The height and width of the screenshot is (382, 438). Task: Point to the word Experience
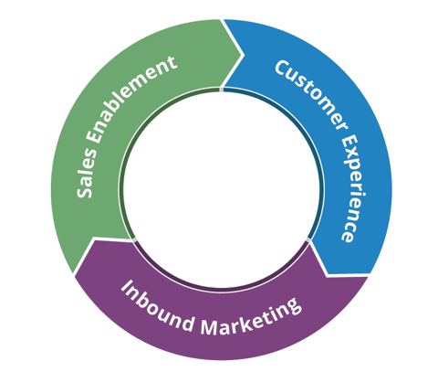point(345,187)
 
